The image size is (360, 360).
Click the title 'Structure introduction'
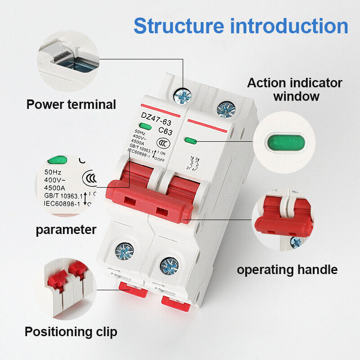(x=241, y=26)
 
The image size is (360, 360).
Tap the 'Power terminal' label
(x=71, y=104)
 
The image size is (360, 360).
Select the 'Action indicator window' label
(x=295, y=90)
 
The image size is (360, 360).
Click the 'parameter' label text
(x=66, y=229)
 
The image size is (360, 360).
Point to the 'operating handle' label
(x=287, y=270)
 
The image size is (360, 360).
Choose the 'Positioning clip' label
(x=71, y=332)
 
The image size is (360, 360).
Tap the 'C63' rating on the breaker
(x=165, y=132)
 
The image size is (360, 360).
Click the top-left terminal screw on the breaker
(x=184, y=95)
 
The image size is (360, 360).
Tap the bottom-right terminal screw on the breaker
(x=169, y=266)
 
